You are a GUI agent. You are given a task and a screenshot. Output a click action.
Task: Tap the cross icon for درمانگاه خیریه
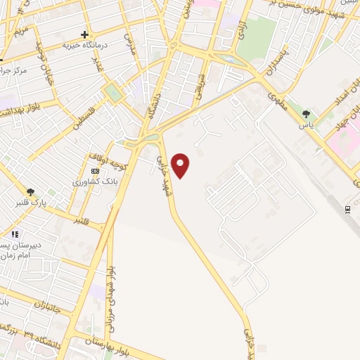tap(85, 34)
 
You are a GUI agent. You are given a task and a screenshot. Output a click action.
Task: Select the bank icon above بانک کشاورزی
tap(96, 171)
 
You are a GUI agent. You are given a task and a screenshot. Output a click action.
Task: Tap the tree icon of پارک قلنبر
tap(30, 192)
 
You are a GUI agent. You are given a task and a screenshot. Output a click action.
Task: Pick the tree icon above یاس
tap(305, 114)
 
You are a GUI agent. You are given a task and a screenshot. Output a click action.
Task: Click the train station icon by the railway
tap(348, 209)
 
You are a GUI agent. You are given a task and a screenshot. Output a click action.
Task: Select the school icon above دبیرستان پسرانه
tap(15, 235)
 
